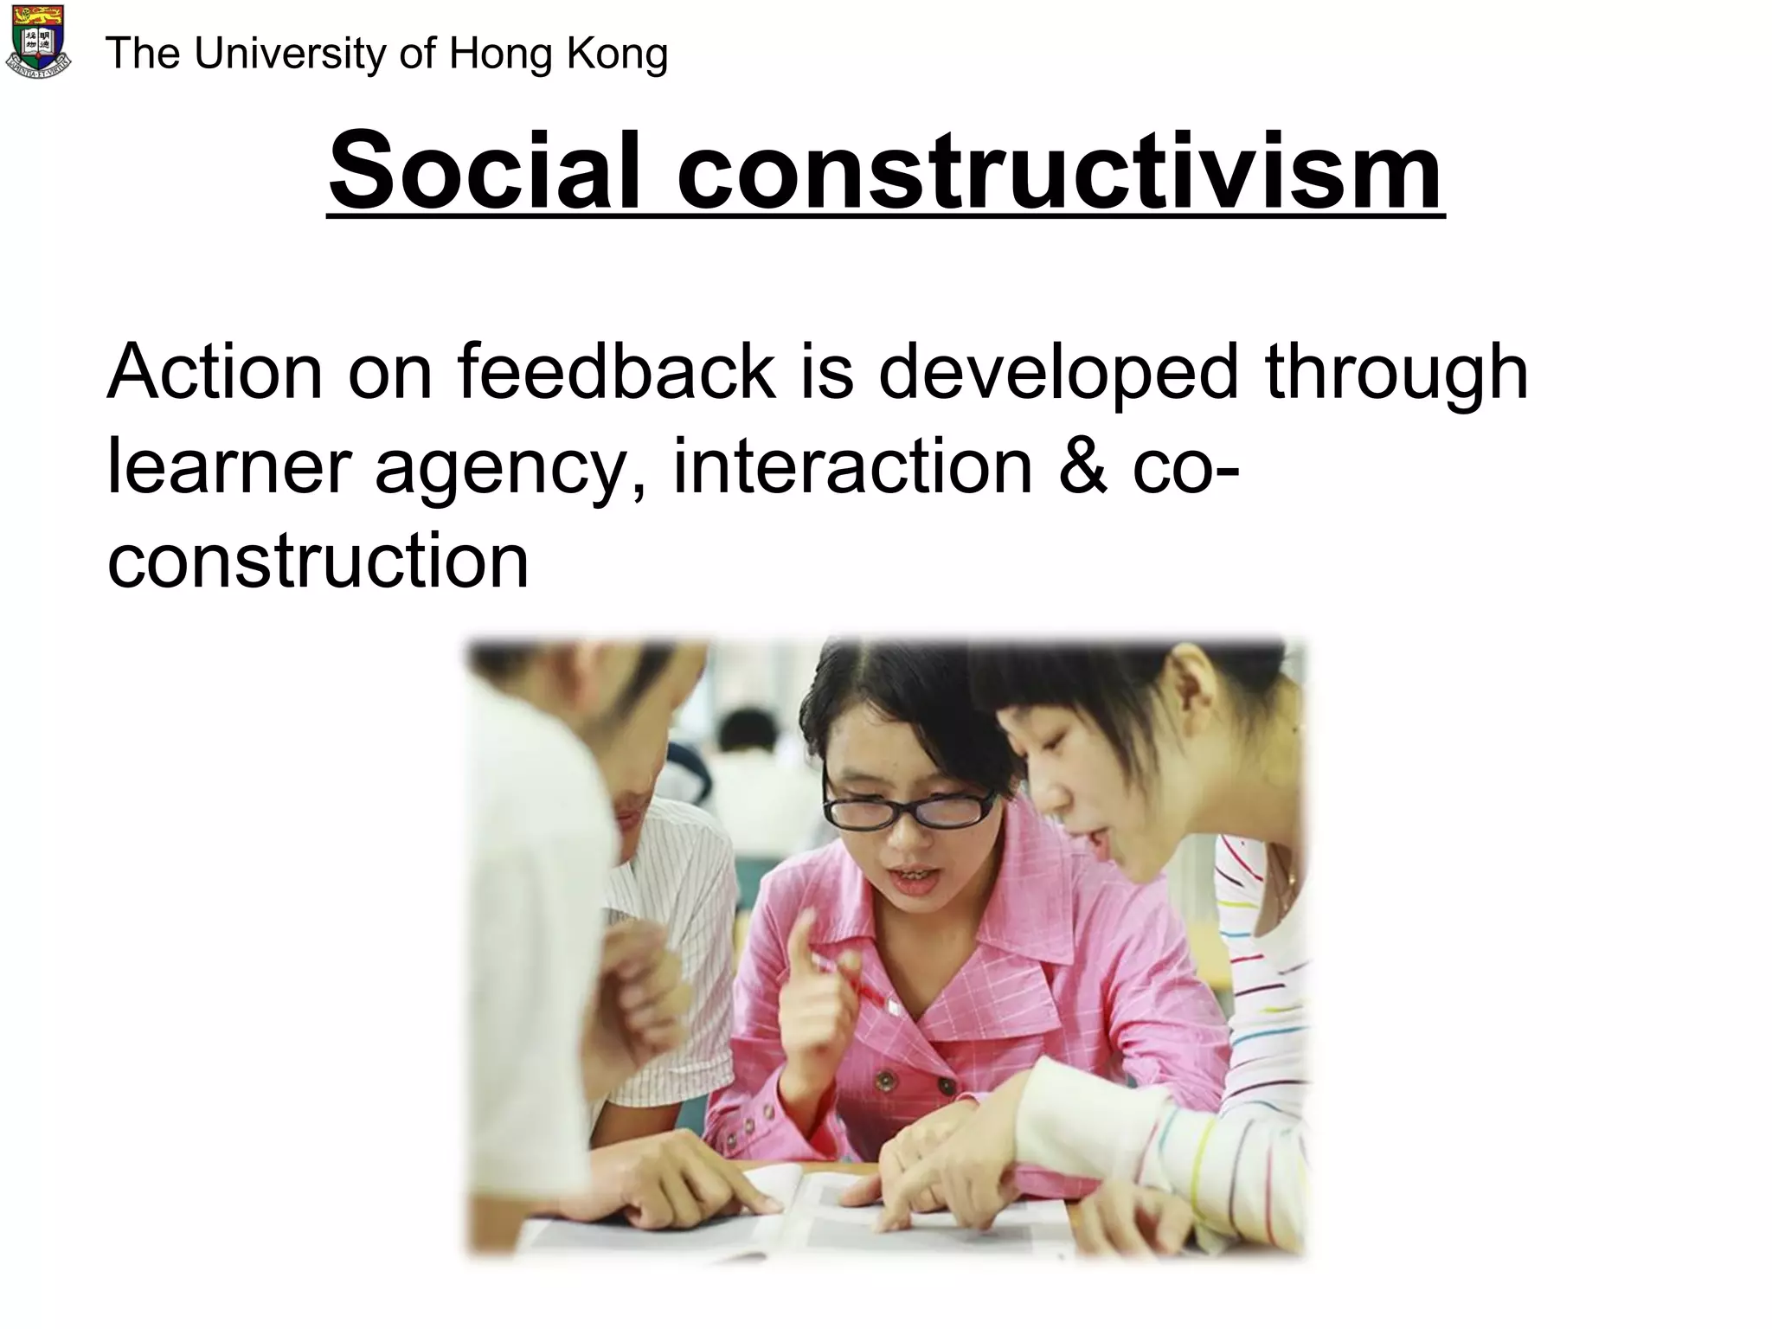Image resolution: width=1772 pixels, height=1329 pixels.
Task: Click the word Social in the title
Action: point(485,170)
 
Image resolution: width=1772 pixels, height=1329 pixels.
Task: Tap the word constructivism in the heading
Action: point(1060,170)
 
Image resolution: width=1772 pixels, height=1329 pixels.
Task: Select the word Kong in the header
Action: point(617,54)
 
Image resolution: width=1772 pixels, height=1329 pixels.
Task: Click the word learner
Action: point(228,467)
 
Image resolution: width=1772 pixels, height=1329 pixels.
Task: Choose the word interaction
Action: point(852,467)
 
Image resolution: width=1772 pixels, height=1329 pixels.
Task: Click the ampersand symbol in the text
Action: point(1082,467)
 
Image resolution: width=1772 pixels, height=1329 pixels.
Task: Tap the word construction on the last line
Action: point(318,562)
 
